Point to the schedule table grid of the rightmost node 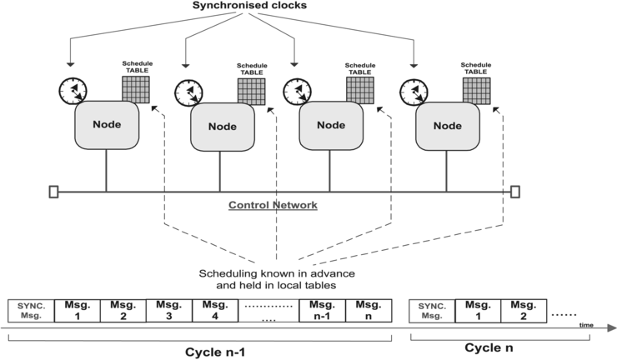click(x=477, y=90)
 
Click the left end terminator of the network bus click(x=53, y=192)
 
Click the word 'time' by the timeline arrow click(x=588, y=326)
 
